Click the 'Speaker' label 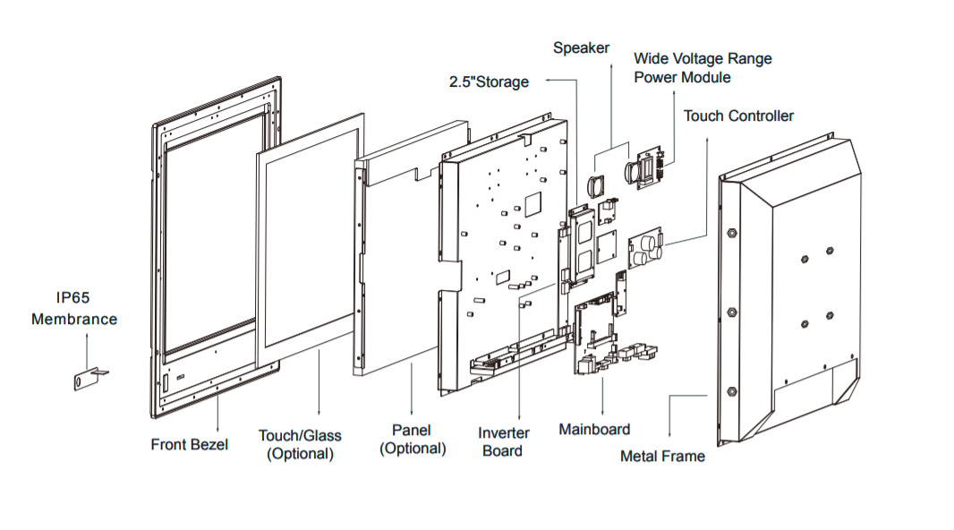click(581, 47)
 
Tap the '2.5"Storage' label click(489, 82)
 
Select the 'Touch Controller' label click(738, 116)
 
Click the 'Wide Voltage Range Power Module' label click(703, 68)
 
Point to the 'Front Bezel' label click(189, 444)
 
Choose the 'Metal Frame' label click(662, 457)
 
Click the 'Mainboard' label click(594, 430)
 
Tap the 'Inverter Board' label click(503, 441)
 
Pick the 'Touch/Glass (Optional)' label click(300, 444)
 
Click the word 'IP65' click(74, 299)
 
